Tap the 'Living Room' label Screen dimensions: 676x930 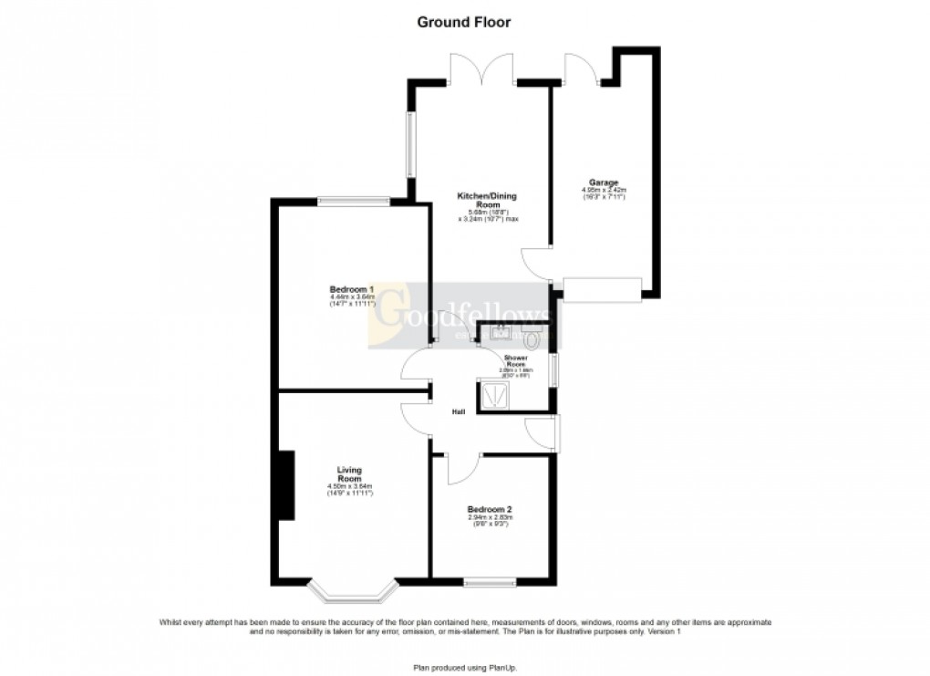(350, 474)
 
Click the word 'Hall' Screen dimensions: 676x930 (460, 413)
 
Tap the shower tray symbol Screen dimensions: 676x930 (496, 394)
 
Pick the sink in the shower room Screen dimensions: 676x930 (501, 334)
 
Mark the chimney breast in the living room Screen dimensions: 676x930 (286, 485)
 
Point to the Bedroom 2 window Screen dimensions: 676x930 (489, 581)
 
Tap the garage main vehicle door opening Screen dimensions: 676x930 (602, 290)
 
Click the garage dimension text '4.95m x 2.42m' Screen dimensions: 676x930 (604, 191)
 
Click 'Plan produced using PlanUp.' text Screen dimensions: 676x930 (465, 667)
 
